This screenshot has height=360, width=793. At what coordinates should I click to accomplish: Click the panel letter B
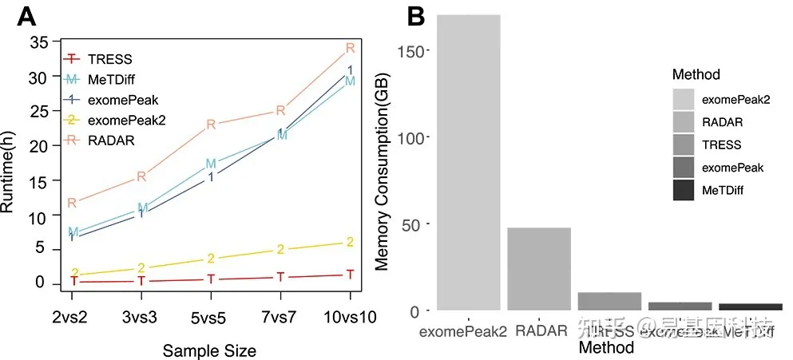click(x=416, y=15)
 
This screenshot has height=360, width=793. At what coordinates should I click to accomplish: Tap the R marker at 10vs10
click(x=349, y=48)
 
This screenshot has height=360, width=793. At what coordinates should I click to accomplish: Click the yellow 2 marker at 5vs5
click(x=212, y=258)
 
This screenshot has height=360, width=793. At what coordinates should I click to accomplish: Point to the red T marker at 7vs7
click(x=280, y=276)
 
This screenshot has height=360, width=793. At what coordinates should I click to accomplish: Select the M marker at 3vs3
click(x=142, y=208)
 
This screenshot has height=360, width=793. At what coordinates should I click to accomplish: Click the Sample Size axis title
click(x=210, y=350)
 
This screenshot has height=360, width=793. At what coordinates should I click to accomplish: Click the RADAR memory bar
click(x=539, y=268)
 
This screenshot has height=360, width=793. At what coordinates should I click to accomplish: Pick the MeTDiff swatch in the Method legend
click(x=683, y=191)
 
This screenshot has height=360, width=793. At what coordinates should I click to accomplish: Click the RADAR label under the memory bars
click(x=539, y=330)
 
